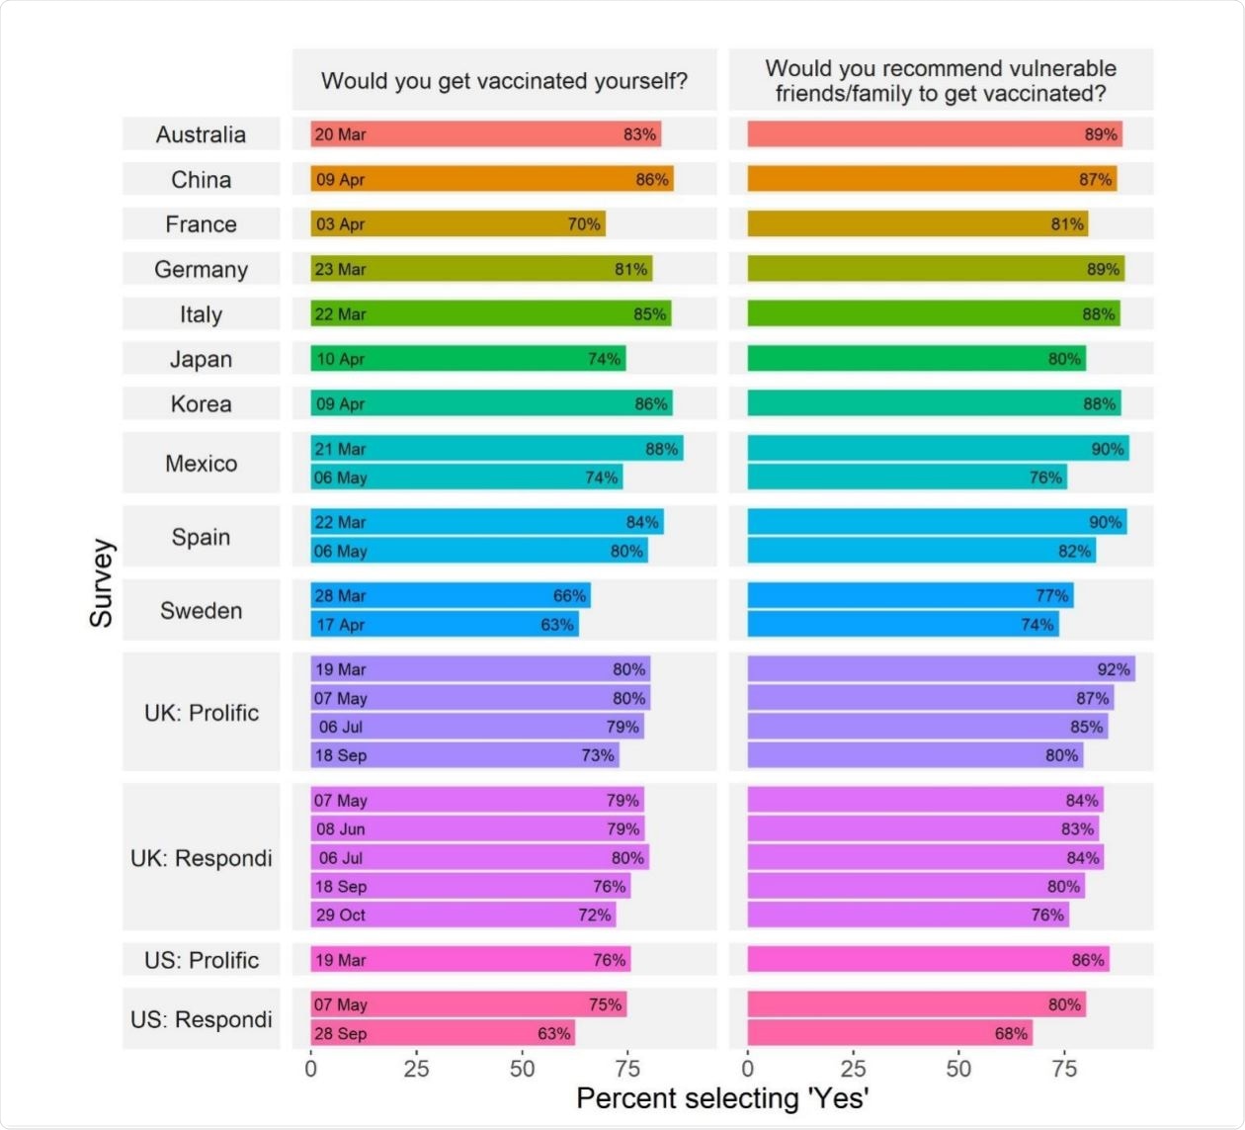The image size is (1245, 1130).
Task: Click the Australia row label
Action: (201, 134)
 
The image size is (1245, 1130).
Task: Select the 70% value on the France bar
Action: (584, 224)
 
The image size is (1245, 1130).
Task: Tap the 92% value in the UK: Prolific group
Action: (1114, 669)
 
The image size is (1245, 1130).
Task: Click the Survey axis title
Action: (102, 583)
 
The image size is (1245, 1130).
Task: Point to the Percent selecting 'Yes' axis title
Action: (722, 1098)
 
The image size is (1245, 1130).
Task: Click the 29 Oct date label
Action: (340, 915)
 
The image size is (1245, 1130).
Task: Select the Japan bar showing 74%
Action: (467, 359)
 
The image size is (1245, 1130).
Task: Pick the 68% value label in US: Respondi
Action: (1011, 1034)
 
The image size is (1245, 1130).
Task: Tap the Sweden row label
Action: (201, 611)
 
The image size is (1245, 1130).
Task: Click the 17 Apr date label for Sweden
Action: (340, 625)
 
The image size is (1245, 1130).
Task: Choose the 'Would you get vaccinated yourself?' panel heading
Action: (504, 81)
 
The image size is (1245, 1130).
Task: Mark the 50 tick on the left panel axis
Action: (522, 1069)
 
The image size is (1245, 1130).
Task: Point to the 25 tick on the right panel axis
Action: (853, 1069)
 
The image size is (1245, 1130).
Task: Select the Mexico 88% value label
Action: (661, 449)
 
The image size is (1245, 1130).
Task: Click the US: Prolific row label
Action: (202, 960)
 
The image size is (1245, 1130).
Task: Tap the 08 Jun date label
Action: (340, 829)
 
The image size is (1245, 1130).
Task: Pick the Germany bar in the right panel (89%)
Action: (935, 269)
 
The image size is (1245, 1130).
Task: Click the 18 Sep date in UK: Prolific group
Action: (340, 755)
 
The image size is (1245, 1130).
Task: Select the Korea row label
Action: (201, 404)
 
